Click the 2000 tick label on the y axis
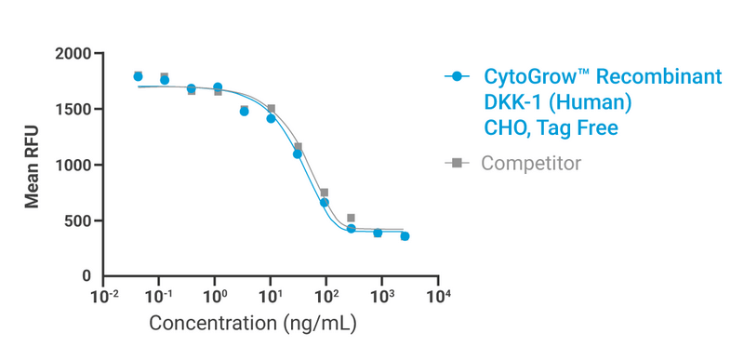coord(73,54)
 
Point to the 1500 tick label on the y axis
coord(73,110)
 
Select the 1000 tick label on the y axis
coord(73,166)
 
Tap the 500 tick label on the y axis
coord(78,221)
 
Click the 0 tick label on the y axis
coord(86,277)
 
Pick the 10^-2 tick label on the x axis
coord(103,297)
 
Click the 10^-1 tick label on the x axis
coord(159,297)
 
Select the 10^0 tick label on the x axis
coord(215,297)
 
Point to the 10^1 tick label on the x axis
coord(271,297)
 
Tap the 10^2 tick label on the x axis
coord(326,297)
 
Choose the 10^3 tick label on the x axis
coord(382,297)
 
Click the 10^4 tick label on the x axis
coord(438,297)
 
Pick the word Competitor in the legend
coord(531,164)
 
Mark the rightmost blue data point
coord(405,236)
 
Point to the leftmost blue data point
coord(138,76)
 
